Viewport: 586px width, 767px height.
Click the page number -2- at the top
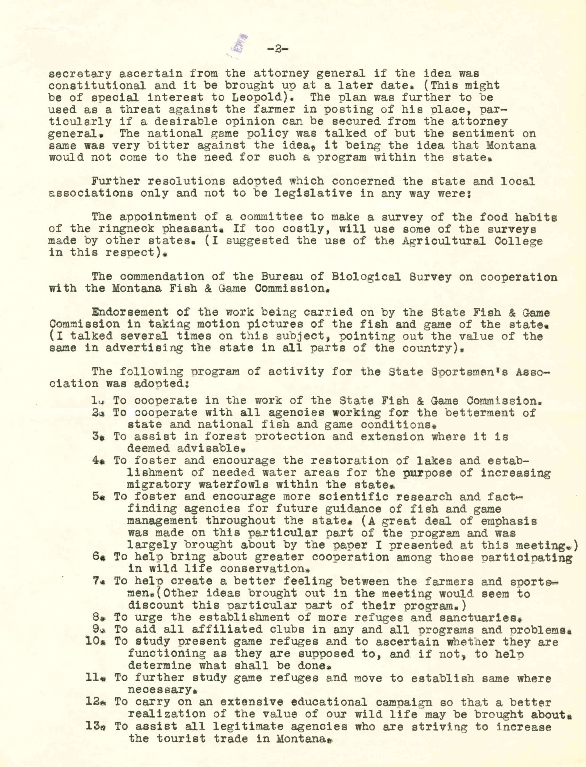[x=277, y=49]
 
